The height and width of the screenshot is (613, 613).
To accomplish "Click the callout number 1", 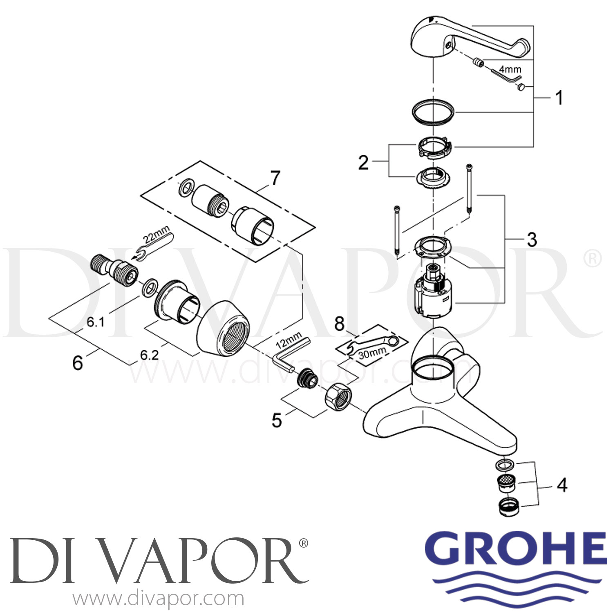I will click(559, 98).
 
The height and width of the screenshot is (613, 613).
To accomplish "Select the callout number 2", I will click(363, 163).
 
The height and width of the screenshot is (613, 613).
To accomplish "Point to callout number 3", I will click(532, 239).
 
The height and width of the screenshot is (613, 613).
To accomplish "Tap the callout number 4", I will click(562, 485).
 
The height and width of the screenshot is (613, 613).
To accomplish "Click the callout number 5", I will click(277, 420).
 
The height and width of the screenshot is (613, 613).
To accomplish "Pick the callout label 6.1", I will click(95, 322).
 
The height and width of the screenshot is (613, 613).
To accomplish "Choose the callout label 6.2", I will click(149, 355).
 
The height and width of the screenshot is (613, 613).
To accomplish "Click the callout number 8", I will click(340, 324).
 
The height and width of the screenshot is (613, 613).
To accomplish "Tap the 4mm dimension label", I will click(510, 69).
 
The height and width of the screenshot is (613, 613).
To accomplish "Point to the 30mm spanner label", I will click(372, 352).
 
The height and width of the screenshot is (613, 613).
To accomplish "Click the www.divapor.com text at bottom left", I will click(159, 599).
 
